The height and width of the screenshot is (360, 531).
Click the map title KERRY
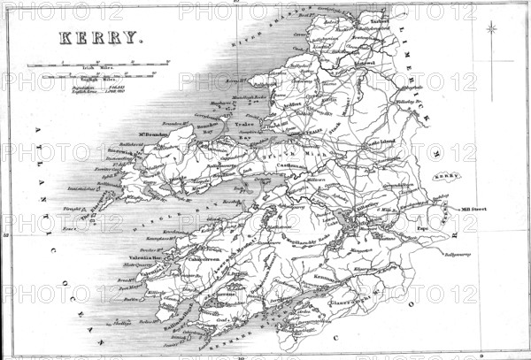click(99, 38)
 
